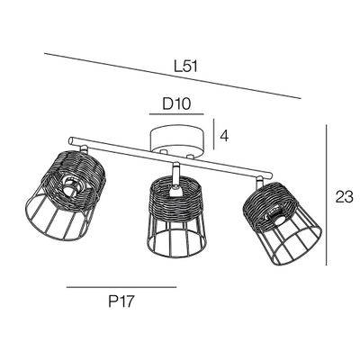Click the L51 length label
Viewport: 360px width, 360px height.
186,67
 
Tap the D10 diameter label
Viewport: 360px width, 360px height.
176,103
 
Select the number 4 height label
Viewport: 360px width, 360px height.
224,136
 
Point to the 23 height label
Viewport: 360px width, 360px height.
345,197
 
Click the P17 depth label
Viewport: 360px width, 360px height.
121,301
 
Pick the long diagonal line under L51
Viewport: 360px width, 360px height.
172,76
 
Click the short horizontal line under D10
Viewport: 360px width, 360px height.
176,114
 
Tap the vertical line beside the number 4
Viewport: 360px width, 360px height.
213,134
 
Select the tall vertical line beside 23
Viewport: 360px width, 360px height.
326,195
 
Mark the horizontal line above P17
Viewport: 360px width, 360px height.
121,287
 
